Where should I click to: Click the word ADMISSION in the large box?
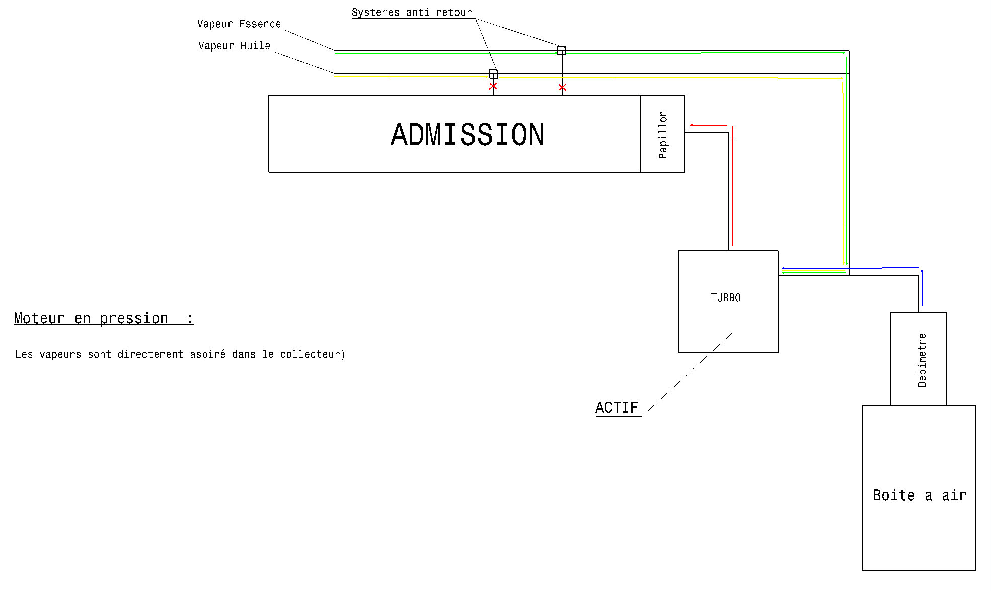click(467, 135)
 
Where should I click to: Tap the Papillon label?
click(663, 134)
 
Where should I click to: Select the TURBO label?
click(725, 298)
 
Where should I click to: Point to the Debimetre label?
click(922, 360)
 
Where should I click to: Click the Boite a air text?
click(920, 495)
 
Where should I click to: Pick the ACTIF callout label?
click(617, 407)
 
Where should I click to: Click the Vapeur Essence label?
click(239, 24)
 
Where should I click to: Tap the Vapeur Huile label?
click(234, 46)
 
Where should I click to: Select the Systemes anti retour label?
click(412, 12)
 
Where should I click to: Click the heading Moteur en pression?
click(103, 318)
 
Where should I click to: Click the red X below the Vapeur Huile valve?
click(493, 86)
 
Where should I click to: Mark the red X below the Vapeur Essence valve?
click(562, 88)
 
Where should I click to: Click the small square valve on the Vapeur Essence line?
click(562, 50)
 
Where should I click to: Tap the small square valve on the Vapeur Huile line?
click(493, 74)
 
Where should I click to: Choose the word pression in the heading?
click(134, 318)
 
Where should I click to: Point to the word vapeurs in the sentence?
click(60, 354)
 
